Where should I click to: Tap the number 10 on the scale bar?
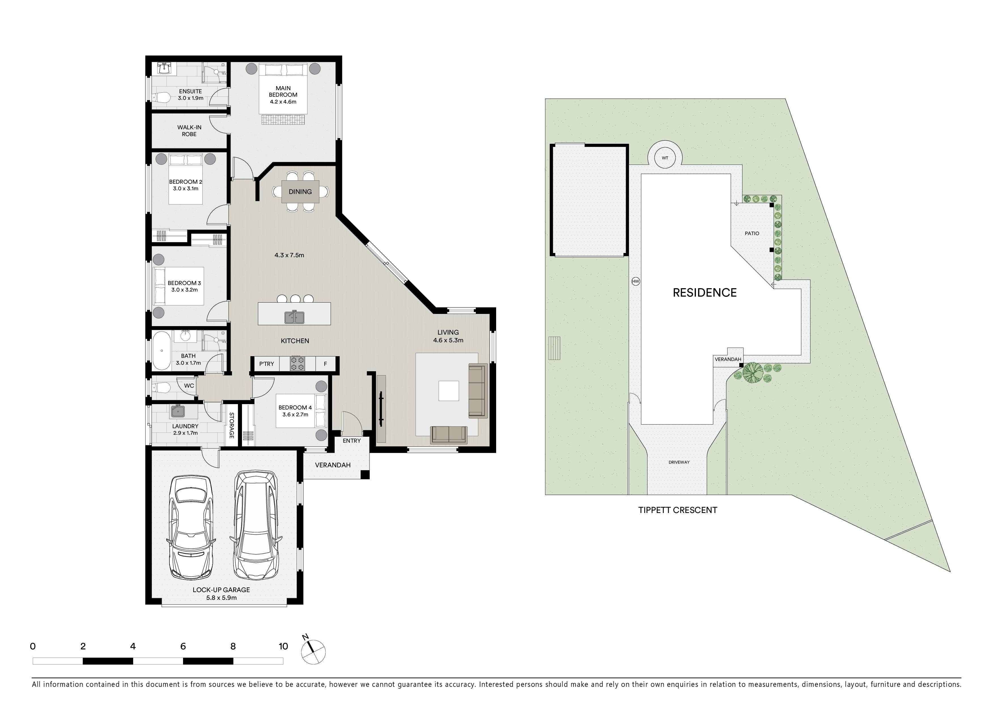(x=283, y=646)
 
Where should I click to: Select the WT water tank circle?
(x=665, y=158)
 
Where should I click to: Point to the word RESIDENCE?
(x=704, y=293)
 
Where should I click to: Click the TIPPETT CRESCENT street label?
(x=677, y=510)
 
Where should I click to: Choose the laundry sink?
(x=178, y=411)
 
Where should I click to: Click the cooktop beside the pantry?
(x=297, y=364)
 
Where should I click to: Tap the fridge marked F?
(x=326, y=364)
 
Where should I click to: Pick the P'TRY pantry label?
(x=267, y=364)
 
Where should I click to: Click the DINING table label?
(x=300, y=191)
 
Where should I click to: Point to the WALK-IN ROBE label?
(x=189, y=131)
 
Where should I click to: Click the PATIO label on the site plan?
(x=752, y=233)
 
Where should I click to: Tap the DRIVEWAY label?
(x=679, y=462)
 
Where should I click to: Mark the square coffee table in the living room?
(x=449, y=391)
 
